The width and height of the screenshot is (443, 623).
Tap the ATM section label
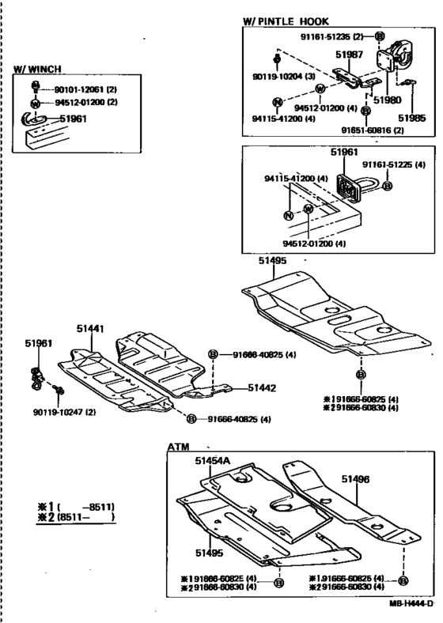(178, 447)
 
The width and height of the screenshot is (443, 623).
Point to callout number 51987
(349, 55)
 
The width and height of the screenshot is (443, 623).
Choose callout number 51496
(356, 478)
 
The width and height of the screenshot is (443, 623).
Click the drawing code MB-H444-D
(411, 603)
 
